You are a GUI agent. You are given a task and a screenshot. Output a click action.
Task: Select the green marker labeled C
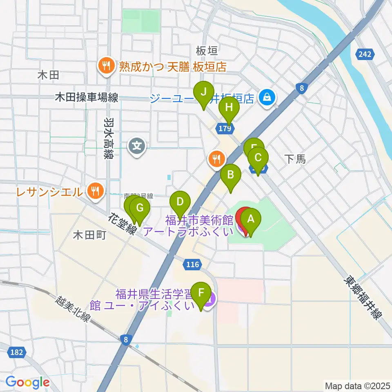tap(258, 157)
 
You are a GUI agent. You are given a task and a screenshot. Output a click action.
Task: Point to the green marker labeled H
tap(229, 108)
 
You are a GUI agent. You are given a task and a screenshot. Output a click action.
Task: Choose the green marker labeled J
tap(203, 92)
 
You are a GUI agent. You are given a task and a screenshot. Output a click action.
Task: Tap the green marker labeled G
tap(140, 208)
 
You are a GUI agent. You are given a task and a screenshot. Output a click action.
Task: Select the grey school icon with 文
tap(137, 145)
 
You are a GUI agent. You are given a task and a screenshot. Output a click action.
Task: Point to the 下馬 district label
tap(295, 159)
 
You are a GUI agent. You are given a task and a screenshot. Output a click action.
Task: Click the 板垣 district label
tap(206, 51)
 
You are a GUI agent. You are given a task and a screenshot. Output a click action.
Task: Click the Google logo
tap(27, 382)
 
